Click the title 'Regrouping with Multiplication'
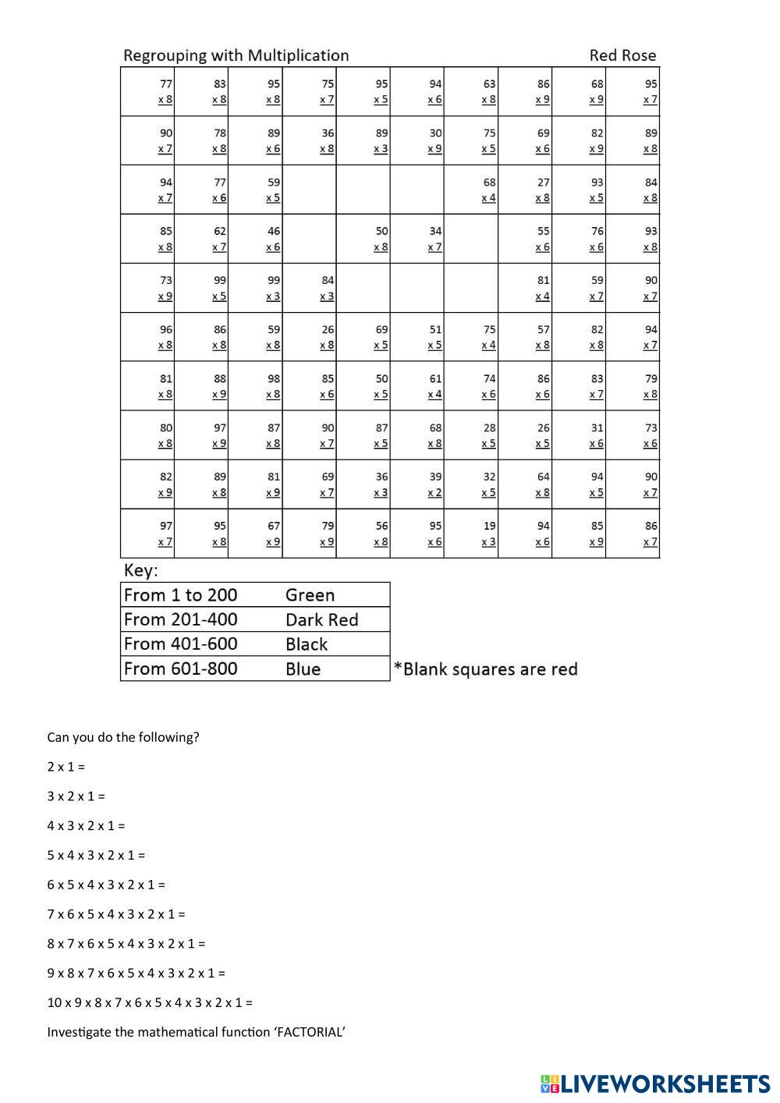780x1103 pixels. click(236, 55)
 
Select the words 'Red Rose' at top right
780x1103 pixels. click(622, 55)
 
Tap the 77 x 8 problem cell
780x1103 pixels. click(147, 91)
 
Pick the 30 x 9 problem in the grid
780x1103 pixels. click(417, 140)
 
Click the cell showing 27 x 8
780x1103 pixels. click(525, 190)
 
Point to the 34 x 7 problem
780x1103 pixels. click(417, 239)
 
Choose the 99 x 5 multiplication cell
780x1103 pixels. click(201, 288)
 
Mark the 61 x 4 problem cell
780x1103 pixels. click(417, 386)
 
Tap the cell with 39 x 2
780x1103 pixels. click(417, 484)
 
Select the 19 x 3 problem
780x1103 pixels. click(471, 534)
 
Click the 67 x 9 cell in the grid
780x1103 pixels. click(255, 534)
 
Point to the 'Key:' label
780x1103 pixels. click(140, 570)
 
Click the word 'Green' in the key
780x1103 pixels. click(310, 595)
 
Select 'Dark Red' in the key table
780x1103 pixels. click(321, 620)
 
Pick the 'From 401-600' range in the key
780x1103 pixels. click(180, 644)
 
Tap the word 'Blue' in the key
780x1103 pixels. click(303, 669)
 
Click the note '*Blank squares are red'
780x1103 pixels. click(485, 669)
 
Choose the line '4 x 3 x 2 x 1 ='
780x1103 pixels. click(86, 825)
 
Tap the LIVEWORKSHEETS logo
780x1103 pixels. click(655, 1083)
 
